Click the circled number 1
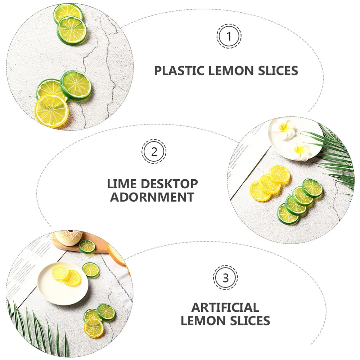click(229, 36)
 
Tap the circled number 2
click(154, 152)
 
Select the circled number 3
click(225, 278)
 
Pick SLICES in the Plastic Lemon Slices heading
click(278, 71)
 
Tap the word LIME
click(122, 184)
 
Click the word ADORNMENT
click(152, 197)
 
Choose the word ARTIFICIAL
click(225, 307)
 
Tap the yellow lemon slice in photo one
click(51, 111)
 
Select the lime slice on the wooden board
click(87, 247)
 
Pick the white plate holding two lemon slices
click(63, 284)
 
